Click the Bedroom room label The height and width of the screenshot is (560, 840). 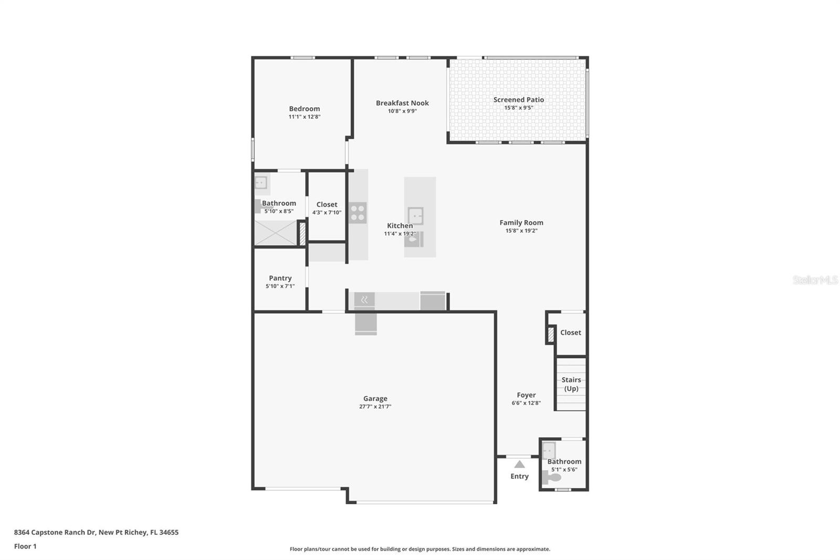click(304, 109)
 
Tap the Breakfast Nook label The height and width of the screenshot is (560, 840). click(402, 103)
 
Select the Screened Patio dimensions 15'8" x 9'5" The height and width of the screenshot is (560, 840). click(519, 108)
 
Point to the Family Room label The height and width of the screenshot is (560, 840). click(521, 223)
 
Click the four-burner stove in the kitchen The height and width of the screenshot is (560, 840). click(358, 213)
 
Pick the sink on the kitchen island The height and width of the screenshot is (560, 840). click(415, 216)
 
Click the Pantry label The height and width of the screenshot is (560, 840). click(280, 278)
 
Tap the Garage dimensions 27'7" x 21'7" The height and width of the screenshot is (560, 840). click(375, 406)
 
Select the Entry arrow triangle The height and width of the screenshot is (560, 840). click(519, 464)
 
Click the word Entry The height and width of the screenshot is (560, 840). click(519, 476)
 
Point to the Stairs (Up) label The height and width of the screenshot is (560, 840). click(571, 384)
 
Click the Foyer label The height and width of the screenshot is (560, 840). click(526, 395)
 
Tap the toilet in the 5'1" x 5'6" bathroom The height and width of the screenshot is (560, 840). click(551, 478)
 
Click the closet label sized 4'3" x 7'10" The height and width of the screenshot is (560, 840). click(327, 204)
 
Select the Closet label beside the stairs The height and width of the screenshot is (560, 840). click(570, 333)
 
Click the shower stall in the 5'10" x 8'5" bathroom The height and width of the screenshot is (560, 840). click(276, 233)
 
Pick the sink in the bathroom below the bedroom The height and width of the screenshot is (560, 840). click(261, 183)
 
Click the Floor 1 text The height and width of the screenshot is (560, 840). click(25, 546)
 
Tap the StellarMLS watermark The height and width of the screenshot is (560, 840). click(815, 279)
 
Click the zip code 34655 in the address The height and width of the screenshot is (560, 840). click(169, 532)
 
